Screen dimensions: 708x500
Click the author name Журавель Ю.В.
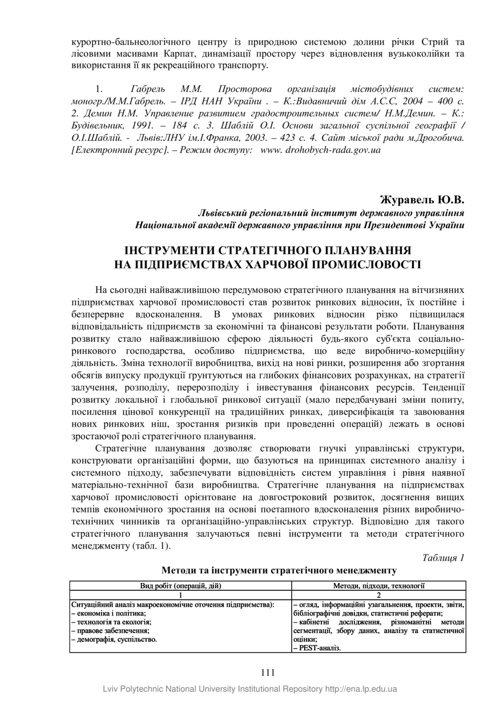pos(422,200)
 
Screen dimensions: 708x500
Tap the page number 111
pos(268,672)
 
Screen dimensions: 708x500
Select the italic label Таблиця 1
pos(443,557)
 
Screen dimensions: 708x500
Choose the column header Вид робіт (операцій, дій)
pos(180,585)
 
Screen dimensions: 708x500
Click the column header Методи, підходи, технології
pos(378,585)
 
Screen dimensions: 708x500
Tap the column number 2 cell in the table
pos(378,594)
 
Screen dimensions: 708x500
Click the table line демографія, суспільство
pos(115,639)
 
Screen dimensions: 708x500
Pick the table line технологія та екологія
pos(112,622)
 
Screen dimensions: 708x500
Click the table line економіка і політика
pos(110,613)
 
